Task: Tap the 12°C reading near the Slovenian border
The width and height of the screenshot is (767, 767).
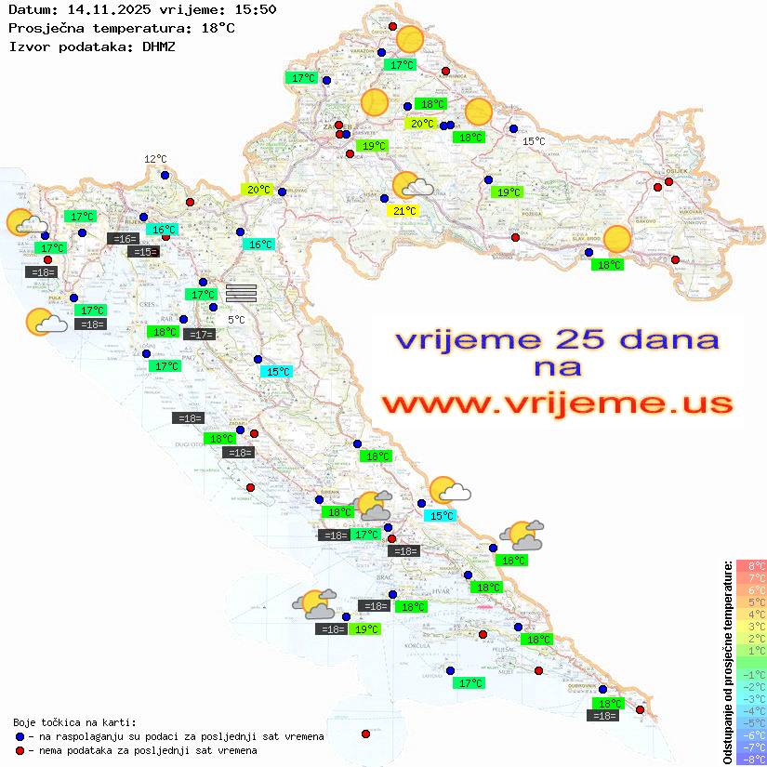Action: tap(155, 159)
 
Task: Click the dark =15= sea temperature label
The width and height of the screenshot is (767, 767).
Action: tap(143, 252)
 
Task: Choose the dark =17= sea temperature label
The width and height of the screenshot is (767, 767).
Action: tap(200, 334)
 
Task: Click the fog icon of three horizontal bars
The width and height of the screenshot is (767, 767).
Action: tap(241, 292)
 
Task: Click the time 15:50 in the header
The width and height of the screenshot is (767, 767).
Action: tap(257, 10)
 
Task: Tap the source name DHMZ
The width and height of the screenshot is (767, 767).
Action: tap(159, 46)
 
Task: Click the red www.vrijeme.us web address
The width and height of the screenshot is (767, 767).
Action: tap(557, 404)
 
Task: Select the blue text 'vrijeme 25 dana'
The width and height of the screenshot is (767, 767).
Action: tap(557, 338)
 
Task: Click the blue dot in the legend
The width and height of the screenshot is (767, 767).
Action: tap(20, 736)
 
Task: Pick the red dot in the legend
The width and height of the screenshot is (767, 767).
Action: tap(20, 750)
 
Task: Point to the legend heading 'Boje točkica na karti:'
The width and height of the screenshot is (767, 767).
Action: tap(74, 721)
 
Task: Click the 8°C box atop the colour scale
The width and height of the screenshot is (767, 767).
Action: tap(750, 565)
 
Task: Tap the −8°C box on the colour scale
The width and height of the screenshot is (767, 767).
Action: tap(750, 759)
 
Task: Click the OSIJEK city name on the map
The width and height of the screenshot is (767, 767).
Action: tap(676, 171)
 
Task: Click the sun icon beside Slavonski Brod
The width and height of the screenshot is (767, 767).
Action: tap(617, 239)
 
